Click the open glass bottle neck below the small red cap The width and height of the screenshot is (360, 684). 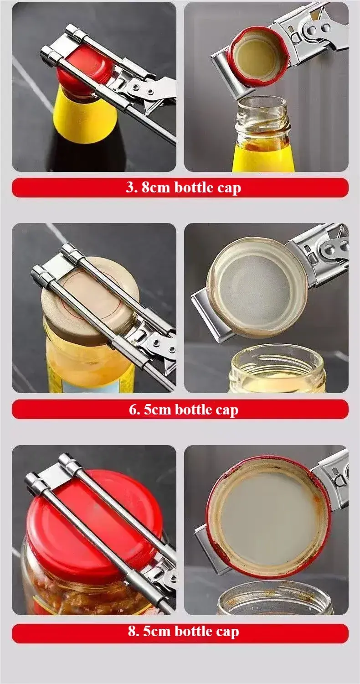tap(263, 119)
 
